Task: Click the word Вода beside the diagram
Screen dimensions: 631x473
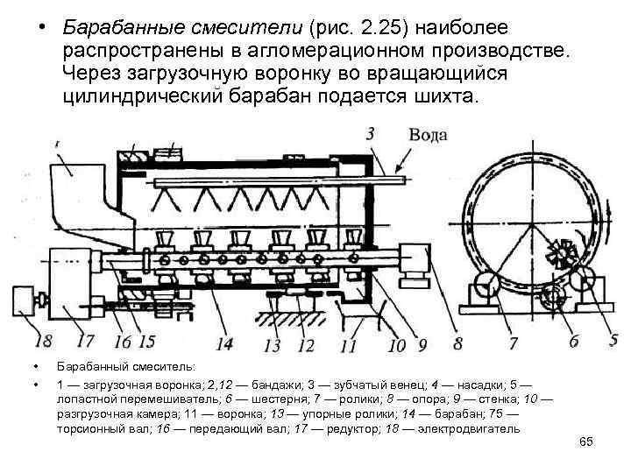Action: [x=429, y=135]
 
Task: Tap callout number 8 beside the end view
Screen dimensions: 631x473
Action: [x=457, y=341]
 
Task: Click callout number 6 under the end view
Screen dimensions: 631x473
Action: [x=573, y=341]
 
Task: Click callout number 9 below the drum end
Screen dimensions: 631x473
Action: [x=421, y=343]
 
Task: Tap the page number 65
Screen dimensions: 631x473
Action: [x=586, y=442]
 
